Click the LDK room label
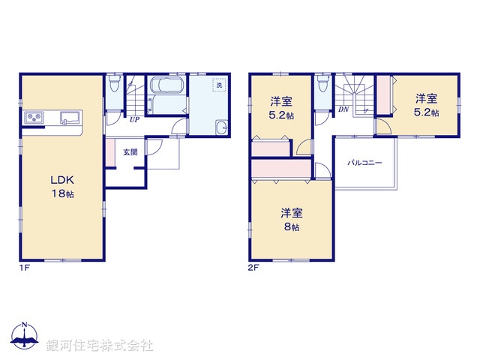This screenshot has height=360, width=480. [61, 180]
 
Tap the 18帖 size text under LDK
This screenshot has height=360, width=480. [61, 193]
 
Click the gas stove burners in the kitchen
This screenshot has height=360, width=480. [35, 117]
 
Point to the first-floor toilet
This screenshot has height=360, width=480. [113, 82]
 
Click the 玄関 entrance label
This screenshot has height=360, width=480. [130, 152]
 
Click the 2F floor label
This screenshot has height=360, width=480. [253, 267]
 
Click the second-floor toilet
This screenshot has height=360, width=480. [322, 82]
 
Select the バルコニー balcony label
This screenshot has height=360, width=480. [364, 162]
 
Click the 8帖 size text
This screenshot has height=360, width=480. [291, 226]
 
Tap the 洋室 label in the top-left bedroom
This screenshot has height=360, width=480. [281, 102]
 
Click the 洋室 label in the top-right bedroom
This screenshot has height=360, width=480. [427, 98]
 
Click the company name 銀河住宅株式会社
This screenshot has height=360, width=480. [100, 346]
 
